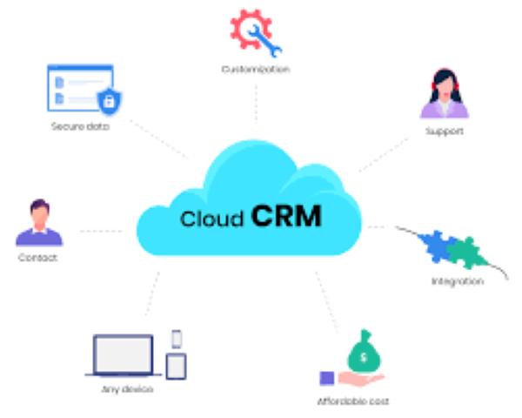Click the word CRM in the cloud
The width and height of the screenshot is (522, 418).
click(286, 216)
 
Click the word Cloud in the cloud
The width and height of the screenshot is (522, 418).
click(211, 219)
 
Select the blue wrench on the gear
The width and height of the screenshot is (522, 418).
click(265, 40)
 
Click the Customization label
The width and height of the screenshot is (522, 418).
click(256, 70)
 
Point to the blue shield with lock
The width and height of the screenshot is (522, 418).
click(110, 101)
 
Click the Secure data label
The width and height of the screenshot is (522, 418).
click(80, 126)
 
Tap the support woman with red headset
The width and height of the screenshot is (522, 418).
click(445, 94)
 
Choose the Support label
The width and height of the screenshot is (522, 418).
click(445, 131)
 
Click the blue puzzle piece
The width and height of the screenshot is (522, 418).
click(434, 246)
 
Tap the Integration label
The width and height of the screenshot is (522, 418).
click(458, 281)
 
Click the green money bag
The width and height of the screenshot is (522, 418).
click(364, 351)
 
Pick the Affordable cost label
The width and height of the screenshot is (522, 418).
click(353, 401)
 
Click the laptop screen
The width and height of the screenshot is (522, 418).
click(124, 354)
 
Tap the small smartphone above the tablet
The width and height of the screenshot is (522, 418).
click(177, 339)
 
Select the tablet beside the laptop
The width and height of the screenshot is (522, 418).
click(176, 367)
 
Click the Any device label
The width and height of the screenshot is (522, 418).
click(127, 389)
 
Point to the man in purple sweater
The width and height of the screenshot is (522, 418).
click(39, 223)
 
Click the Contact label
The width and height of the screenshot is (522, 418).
click(37, 258)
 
